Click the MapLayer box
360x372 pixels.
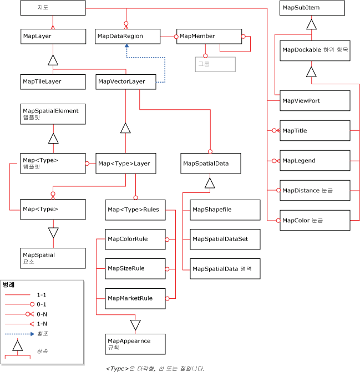53,36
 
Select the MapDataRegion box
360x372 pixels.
127,36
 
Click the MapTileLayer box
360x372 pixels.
53,81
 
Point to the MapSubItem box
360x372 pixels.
312,8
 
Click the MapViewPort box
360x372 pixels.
315,100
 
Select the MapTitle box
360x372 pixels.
315,130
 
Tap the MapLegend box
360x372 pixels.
315,160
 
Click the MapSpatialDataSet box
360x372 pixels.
225,239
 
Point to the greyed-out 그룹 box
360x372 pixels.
215,64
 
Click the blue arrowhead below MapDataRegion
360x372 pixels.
127,48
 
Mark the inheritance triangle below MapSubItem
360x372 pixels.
312,24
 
